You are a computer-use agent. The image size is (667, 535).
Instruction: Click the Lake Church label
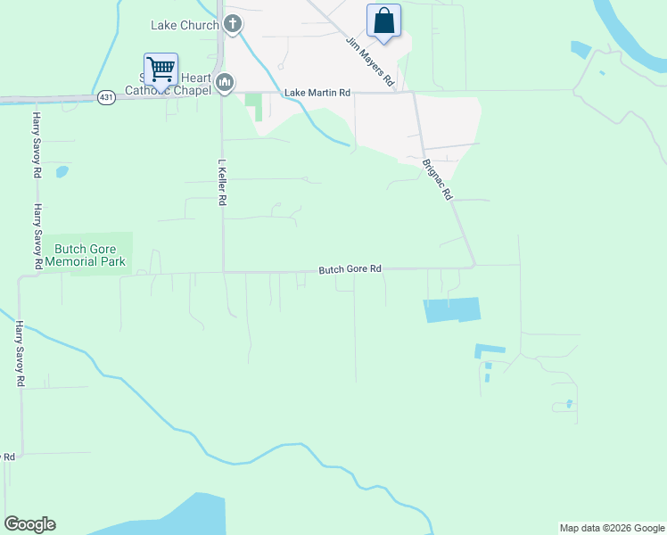point(185,25)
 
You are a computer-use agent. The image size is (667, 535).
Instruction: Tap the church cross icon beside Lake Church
point(233,24)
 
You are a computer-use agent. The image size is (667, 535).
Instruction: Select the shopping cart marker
point(161,68)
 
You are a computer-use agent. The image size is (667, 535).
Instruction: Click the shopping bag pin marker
point(383,21)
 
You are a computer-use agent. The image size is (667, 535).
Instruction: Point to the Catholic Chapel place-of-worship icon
point(224,84)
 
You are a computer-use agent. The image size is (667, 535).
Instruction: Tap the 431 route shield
point(106,97)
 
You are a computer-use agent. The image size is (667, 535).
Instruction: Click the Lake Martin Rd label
point(317,93)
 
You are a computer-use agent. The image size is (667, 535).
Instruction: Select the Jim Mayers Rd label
point(370,61)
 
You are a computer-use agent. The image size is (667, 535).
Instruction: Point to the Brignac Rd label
point(438,179)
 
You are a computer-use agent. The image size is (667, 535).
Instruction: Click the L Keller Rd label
point(221,183)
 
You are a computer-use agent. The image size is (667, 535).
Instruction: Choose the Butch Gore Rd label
point(350,268)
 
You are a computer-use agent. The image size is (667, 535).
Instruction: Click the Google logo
point(29,524)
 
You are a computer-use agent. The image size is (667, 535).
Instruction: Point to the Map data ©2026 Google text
point(612,528)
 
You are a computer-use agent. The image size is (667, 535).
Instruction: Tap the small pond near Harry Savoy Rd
point(62,171)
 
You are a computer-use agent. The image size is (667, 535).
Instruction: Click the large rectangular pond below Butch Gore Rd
point(452,309)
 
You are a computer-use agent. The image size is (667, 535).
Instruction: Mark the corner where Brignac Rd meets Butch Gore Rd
point(473,265)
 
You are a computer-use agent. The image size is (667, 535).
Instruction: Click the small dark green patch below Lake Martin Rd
point(256,106)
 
